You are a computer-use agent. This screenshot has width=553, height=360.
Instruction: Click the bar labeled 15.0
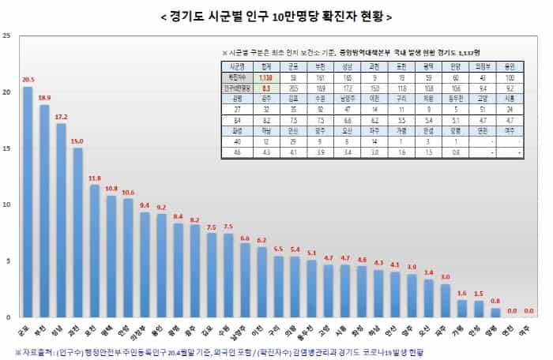[77, 232]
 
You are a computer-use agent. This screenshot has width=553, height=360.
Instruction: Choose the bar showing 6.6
[245, 279]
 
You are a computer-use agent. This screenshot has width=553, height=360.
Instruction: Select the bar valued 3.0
[446, 300]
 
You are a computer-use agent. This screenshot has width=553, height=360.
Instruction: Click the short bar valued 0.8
[495, 313]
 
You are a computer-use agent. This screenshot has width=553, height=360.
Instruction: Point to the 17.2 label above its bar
[61, 117]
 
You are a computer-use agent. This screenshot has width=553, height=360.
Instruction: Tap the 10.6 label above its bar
[128, 192]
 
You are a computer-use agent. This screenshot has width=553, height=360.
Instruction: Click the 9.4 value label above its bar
[145, 205]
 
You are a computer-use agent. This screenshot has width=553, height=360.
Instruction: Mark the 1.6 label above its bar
[462, 292]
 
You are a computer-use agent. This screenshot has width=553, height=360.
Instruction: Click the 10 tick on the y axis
[7, 204]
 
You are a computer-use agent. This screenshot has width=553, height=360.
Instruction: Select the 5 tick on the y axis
[7, 261]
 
